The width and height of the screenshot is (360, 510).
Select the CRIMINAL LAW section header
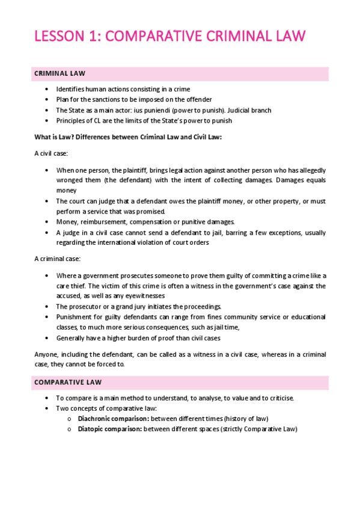coord(59,73)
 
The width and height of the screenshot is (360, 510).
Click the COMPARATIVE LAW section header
coord(67,382)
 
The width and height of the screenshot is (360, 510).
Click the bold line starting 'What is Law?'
coord(128,137)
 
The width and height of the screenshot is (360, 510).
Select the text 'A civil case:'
coord(52,153)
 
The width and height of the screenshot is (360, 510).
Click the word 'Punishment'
coord(75,316)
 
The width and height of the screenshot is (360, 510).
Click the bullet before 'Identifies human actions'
coord(47,90)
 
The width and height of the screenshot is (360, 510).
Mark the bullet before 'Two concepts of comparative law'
coord(47,408)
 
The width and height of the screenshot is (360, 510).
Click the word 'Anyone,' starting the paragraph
coord(46,354)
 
